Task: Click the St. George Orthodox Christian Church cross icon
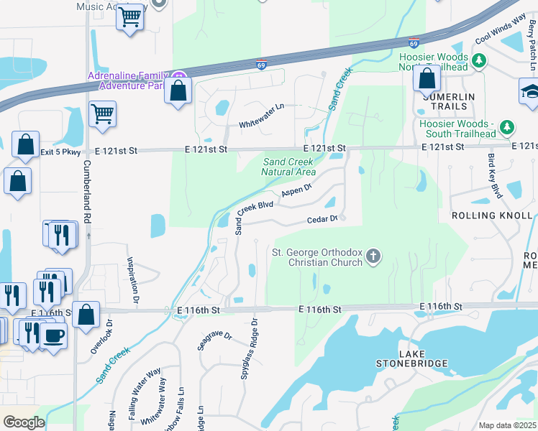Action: click(x=373, y=256)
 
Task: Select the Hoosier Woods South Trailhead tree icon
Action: click(x=508, y=127)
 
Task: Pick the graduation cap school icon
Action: click(x=530, y=92)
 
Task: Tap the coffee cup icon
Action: click(x=53, y=335)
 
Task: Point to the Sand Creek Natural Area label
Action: click(x=288, y=167)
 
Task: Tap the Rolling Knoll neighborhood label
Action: click(x=493, y=215)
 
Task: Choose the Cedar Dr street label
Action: click(x=323, y=219)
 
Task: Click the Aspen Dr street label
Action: click(x=296, y=190)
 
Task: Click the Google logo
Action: click(x=24, y=422)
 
